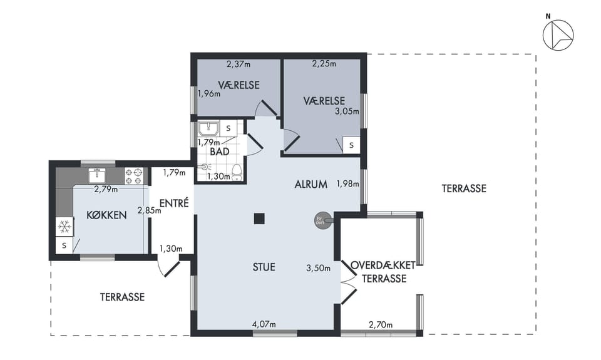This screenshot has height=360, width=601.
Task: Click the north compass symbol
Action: point(558,34)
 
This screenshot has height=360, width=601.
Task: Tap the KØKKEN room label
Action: point(106,215)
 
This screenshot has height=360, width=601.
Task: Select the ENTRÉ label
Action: point(174,203)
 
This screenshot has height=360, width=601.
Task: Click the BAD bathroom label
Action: point(220,152)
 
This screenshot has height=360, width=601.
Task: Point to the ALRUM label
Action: point(311,185)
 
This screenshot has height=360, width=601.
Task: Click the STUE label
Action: point(264,267)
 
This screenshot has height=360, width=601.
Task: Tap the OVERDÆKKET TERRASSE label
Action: point(384,272)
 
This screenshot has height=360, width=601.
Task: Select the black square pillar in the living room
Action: point(259,219)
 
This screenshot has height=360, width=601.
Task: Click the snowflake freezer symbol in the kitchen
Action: point(64,227)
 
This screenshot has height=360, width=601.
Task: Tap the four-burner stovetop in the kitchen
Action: point(134,176)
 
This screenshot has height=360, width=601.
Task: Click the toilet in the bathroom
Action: point(237,172)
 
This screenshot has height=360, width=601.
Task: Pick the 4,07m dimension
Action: point(264,324)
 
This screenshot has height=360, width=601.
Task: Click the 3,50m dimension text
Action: point(318,268)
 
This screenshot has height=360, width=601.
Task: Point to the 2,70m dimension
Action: point(381,325)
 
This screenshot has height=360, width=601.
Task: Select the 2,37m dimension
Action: point(239,64)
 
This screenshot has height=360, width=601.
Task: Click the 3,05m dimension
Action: point(347,111)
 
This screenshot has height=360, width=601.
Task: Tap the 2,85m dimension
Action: point(150,210)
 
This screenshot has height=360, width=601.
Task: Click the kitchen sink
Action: point(98,175)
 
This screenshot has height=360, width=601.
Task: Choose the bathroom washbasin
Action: point(208,128)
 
